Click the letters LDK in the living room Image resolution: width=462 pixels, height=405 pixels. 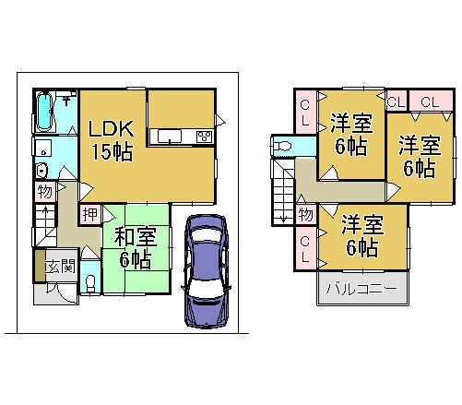pyautogui.click(x=110, y=130)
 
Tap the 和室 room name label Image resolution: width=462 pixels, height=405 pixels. pyautogui.click(x=136, y=237)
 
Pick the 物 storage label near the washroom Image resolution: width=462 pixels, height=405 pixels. pyautogui.click(x=44, y=192)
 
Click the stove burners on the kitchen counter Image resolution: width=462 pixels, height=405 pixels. pyautogui.click(x=204, y=137)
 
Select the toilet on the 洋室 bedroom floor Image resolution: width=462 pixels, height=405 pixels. pyautogui.click(x=283, y=146)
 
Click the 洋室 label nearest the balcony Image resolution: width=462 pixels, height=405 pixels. pyautogui.click(x=361, y=225)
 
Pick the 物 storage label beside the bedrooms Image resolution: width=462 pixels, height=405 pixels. pyautogui.click(x=305, y=214)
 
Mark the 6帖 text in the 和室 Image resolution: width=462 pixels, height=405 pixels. pyautogui.click(x=136, y=259)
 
